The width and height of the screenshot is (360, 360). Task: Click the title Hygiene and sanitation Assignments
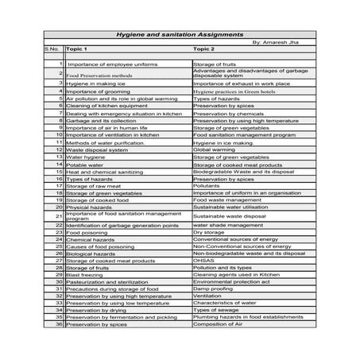tap(179, 34)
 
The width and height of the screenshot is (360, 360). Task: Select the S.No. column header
tap(52, 48)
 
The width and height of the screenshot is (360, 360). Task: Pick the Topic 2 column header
tap(205, 48)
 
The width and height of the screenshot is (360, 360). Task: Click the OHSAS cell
tap(203, 259)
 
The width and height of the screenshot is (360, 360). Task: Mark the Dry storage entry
tap(209, 231)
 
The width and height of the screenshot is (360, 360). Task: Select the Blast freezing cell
tap(85, 273)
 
